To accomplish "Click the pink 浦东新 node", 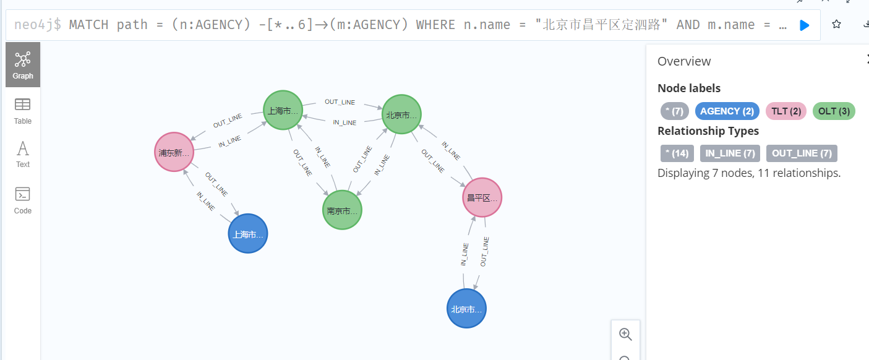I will tap(174, 152).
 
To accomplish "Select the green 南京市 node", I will tap(342, 210).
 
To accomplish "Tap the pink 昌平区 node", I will tap(482, 198).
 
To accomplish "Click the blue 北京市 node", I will tap(466, 309).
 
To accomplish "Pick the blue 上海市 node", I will tap(248, 234).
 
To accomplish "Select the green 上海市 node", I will tap(283, 111).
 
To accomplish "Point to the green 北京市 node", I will tap(401, 114).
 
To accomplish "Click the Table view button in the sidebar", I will tap(23, 111).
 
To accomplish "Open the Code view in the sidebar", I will tap(23, 200).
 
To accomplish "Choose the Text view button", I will tap(23, 154).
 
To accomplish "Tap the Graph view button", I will tap(23, 65).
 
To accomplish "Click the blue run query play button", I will tap(804, 25).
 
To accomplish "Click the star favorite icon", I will tap(836, 24).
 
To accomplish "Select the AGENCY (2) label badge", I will tap(727, 111).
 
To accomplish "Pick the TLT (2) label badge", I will tap(786, 111).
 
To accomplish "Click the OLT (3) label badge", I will tap(833, 111).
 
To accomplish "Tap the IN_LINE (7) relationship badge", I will tap(730, 153).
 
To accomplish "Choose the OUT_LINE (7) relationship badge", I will tap(802, 153).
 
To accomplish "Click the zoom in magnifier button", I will tap(625, 334).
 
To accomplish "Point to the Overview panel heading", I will tap(684, 61).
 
